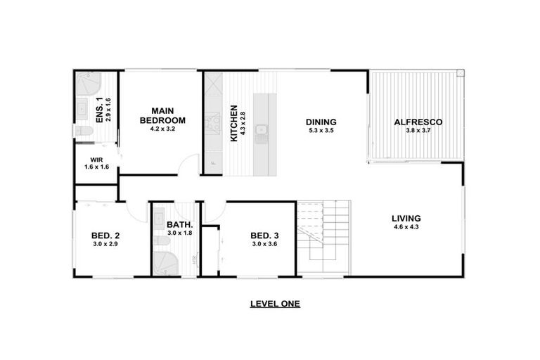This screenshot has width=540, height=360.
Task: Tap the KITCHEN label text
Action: tap(234, 123)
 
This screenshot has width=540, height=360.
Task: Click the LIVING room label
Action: tap(406, 218)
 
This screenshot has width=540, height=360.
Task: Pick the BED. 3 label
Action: tap(265, 236)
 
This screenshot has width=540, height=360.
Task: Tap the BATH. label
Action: tap(179, 225)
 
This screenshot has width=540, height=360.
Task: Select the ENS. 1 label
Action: tap(99, 110)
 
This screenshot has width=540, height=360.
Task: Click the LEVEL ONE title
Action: tap(276, 304)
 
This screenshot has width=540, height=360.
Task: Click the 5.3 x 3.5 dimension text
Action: tap(321, 130)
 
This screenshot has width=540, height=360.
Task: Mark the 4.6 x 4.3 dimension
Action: tap(406, 226)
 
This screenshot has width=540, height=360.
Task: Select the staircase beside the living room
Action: tap(323, 238)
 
